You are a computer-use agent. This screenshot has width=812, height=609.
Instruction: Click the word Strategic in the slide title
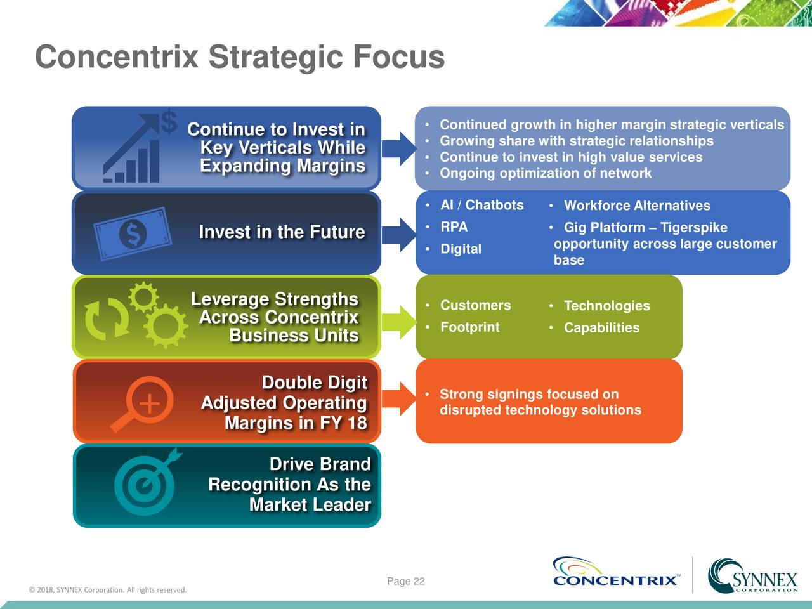[276, 58]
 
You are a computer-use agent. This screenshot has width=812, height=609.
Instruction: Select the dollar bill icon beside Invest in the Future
[133, 233]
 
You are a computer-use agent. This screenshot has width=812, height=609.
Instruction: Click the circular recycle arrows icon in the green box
[107, 318]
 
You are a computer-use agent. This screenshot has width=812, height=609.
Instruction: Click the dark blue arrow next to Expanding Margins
[399, 148]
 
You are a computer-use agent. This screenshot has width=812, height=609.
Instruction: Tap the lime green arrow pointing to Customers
[399, 322]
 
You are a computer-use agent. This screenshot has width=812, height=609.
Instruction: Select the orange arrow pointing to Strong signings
[399, 399]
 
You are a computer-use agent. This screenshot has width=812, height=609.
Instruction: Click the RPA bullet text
[454, 226]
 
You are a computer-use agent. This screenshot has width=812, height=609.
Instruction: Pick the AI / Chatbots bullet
[481, 205]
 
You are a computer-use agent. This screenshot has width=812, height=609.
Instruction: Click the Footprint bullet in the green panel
[470, 327]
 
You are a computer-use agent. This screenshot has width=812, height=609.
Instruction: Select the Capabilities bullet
[602, 327]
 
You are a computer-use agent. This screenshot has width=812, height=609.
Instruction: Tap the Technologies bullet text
[607, 306]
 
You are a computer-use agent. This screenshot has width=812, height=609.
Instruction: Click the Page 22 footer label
[406, 581]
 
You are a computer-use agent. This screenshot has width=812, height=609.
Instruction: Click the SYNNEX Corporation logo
[753, 575]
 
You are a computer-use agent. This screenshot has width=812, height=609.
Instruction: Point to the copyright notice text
[108, 590]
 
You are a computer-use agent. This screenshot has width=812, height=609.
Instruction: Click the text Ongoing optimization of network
[546, 173]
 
